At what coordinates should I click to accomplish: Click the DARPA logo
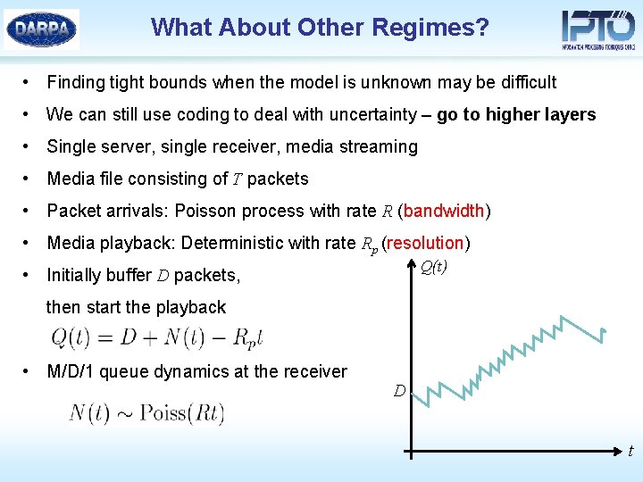coord(41,29)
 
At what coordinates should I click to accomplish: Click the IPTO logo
coord(597,29)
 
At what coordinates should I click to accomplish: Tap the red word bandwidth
coord(444,211)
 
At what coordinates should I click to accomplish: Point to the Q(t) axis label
coord(433,267)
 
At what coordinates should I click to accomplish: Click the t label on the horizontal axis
coord(630,452)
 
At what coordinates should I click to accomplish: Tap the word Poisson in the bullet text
coord(206,211)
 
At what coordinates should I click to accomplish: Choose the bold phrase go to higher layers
coord(515,114)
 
